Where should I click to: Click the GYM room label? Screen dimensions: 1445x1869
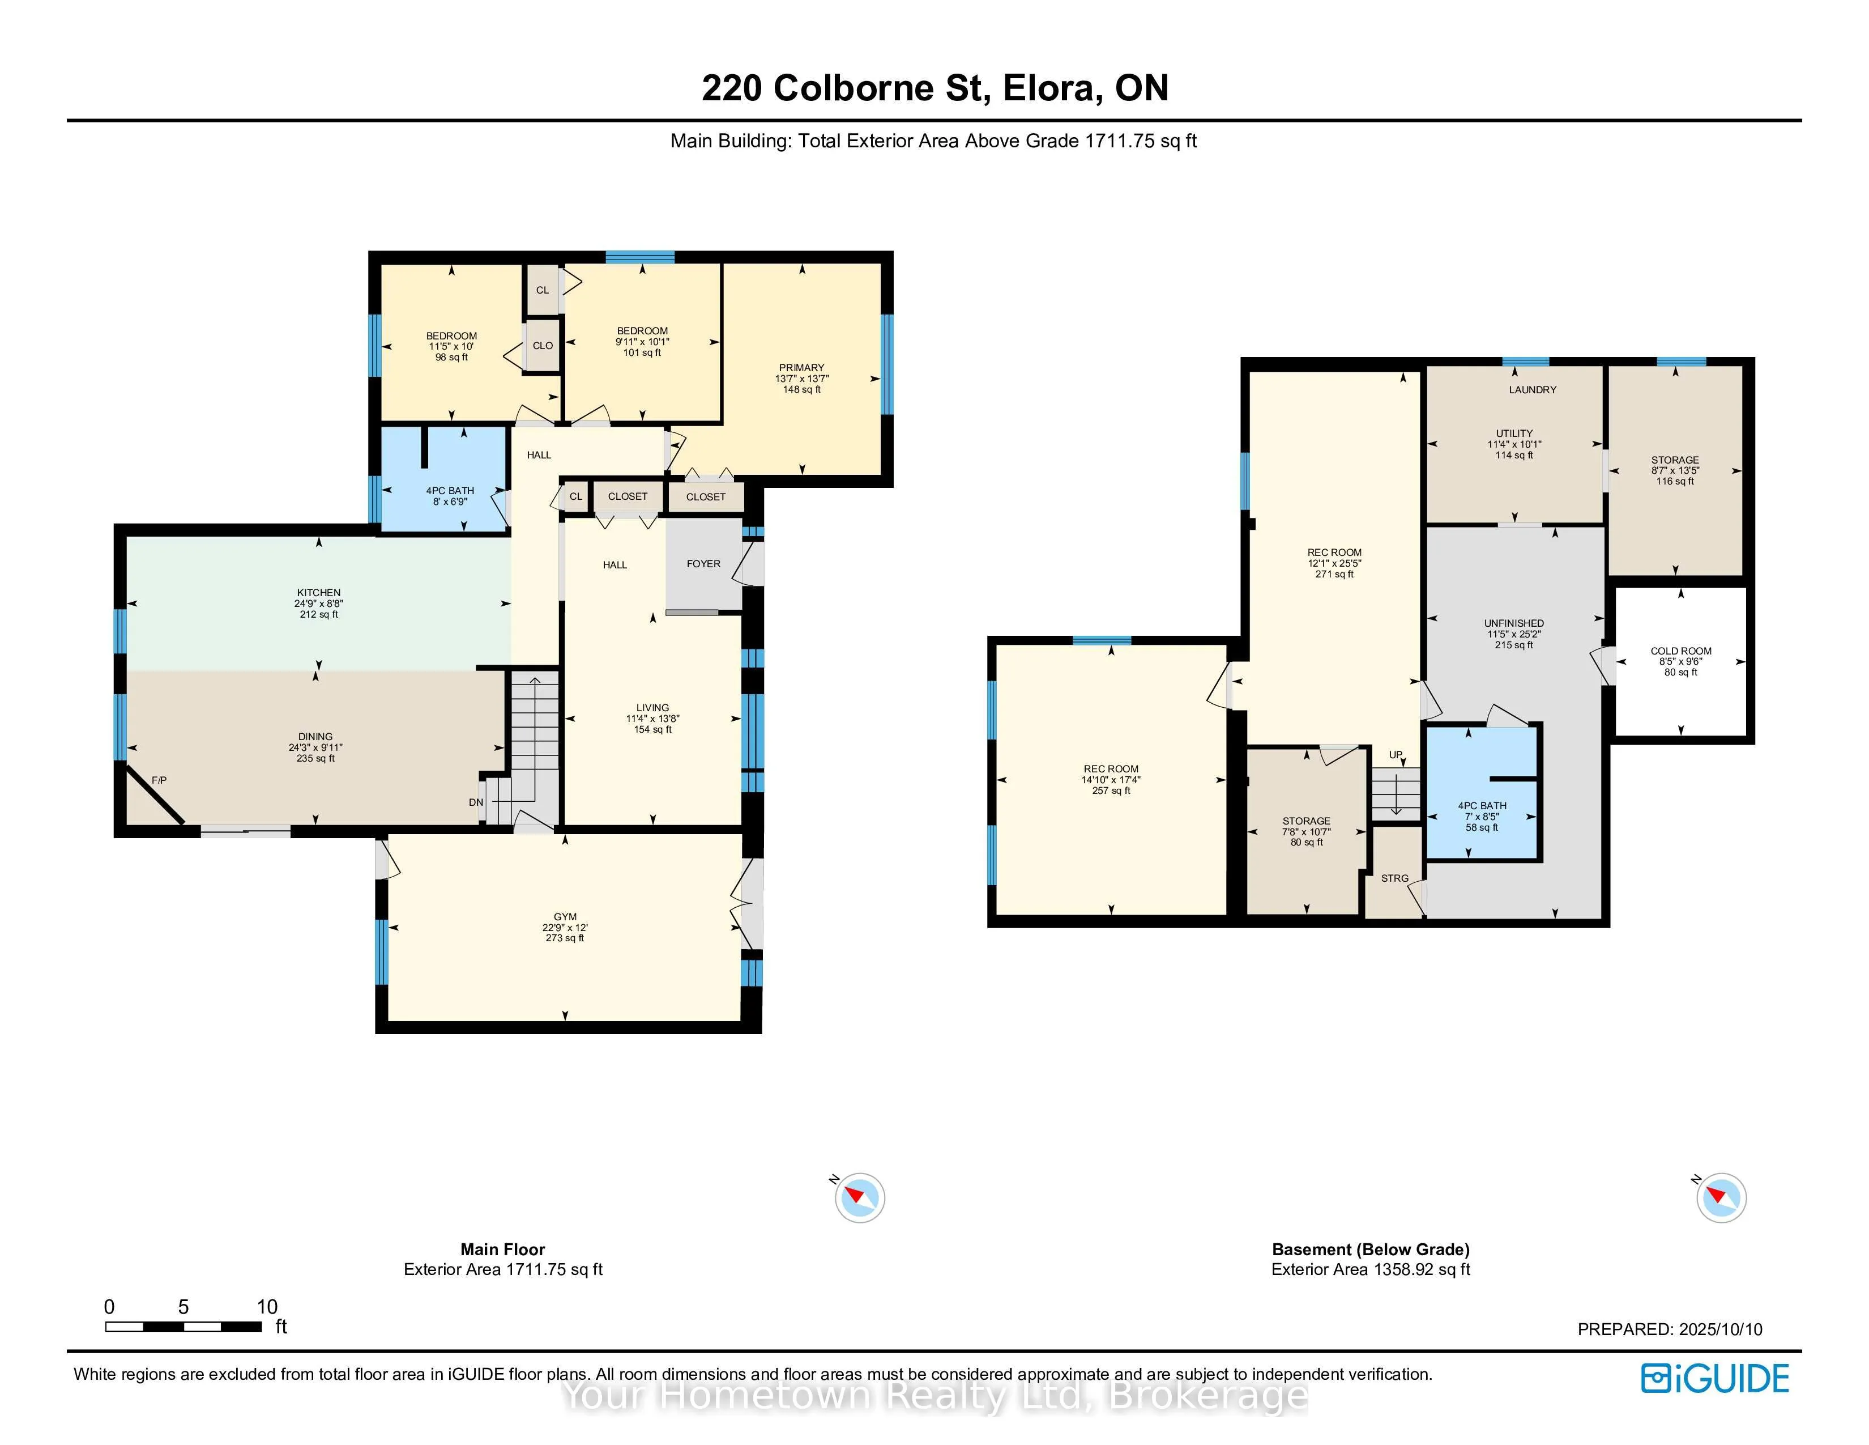coord(565,917)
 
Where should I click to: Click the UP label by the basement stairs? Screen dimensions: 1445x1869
coord(1396,755)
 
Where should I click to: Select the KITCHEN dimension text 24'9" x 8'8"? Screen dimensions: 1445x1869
coord(318,603)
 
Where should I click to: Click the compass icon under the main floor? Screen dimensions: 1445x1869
coord(859,1197)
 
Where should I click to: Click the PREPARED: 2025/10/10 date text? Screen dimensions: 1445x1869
coord(1670,1329)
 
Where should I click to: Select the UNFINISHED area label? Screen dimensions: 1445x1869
coord(1514,623)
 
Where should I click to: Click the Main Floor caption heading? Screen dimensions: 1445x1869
coord(502,1250)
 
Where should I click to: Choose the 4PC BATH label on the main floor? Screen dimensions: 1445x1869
coord(450,491)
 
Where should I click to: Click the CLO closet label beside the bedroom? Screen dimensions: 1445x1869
coord(543,346)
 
